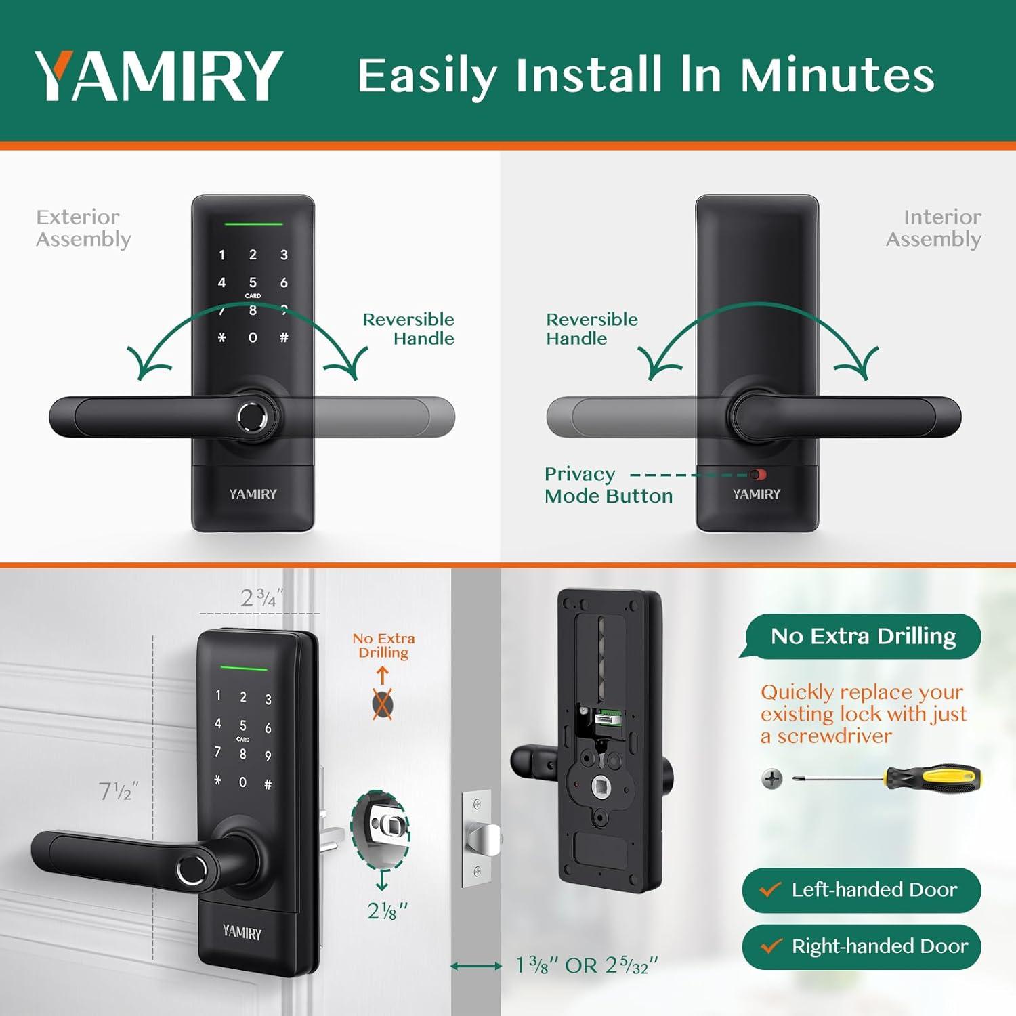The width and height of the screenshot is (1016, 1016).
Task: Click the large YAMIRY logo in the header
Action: [159, 75]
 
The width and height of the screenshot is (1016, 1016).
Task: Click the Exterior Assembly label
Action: [83, 228]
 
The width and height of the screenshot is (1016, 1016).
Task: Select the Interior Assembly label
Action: [934, 228]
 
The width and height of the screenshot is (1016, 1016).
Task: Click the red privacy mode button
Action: [757, 475]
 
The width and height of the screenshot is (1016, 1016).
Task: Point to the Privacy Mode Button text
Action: [608, 485]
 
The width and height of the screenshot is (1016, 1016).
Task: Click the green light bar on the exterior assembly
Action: [253, 224]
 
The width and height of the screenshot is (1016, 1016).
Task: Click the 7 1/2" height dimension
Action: [119, 790]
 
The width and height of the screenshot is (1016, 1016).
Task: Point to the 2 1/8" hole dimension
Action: [387, 911]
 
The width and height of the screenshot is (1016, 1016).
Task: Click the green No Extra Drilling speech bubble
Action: [863, 636]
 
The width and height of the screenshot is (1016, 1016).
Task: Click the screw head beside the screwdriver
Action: [771, 778]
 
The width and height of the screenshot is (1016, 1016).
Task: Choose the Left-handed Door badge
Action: [862, 890]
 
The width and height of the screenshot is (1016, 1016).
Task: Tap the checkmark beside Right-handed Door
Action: [771, 946]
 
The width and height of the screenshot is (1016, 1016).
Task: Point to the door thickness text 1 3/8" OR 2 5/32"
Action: [587, 965]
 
